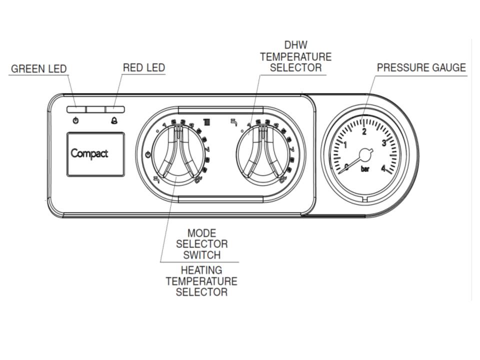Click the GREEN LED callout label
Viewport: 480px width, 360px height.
pos(38,68)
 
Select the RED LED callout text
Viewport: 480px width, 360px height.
pos(144,67)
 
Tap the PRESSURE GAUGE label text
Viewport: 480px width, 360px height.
pos(421,67)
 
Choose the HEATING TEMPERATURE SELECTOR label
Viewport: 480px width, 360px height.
pos(201,281)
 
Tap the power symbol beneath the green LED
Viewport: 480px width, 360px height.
pos(75,121)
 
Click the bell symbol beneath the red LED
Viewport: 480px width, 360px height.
pos(114,121)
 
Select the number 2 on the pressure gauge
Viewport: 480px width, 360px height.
pos(364,132)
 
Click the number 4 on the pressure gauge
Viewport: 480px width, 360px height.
pos(383,168)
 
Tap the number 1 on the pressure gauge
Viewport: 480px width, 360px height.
pos(345,145)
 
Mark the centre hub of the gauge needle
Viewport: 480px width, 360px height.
pos(365,153)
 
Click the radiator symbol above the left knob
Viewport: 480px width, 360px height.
pos(206,121)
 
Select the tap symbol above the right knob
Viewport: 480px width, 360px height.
pos(233,121)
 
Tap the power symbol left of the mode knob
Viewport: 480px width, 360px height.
pos(148,154)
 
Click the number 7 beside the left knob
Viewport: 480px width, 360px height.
pos(207,149)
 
